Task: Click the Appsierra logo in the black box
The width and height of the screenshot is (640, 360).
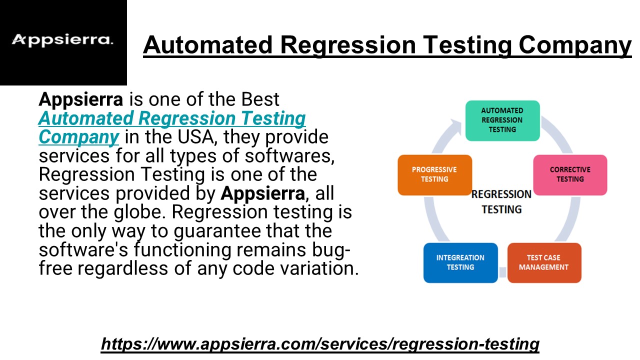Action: pyautogui.click(x=62, y=40)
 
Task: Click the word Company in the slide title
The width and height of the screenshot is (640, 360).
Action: pyautogui.click(x=575, y=45)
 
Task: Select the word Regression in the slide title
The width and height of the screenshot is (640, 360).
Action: pyautogui.click(x=347, y=45)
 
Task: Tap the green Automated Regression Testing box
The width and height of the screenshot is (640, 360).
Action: pyautogui.click(x=502, y=120)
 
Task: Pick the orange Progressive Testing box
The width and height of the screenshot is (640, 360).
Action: pyautogui.click(x=434, y=175)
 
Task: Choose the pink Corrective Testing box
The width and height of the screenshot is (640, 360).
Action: pyautogui.click(x=570, y=175)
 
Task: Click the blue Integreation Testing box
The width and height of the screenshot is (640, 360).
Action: pyautogui.click(x=460, y=263)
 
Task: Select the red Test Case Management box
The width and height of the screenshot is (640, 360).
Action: pyautogui.click(x=544, y=263)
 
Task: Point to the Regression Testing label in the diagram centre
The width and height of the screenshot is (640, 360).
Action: pyautogui.click(x=501, y=202)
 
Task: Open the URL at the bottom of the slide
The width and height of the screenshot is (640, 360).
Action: pyautogui.click(x=320, y=343)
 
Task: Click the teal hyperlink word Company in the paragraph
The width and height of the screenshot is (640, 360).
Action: pyautogui.click(x=78, y=137)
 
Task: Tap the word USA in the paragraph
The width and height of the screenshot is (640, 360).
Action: pyautogui.click(x=195, y=137)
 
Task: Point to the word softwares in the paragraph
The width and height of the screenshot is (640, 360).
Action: pyautogui.click(x=287, y=156)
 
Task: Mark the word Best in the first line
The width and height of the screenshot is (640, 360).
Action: pyautogui.click(x=260, y=99)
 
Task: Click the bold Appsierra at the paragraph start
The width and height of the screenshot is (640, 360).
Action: pyautogui.click(x=81, y=100)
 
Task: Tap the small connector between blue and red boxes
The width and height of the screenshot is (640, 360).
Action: pyautogui.click(x=502, y=272)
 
